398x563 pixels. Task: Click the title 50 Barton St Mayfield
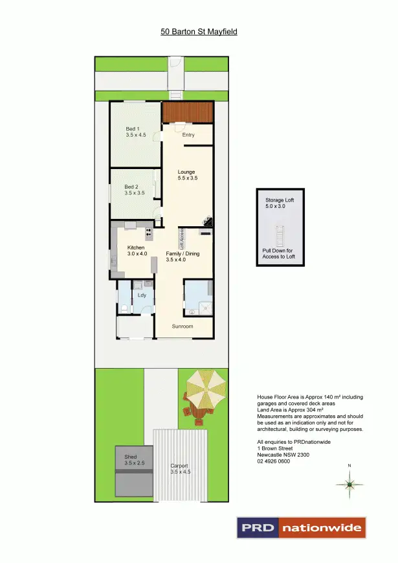199,30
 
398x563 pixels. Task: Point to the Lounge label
186,172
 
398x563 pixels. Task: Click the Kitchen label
136,248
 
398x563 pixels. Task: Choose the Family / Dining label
182,254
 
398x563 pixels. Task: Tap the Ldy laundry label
142,295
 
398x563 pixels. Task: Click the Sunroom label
182,326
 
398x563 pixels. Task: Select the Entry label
188,135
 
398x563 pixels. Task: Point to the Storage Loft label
279,200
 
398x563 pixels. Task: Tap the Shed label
131,457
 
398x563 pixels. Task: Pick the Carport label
179,465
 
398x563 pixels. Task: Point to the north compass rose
349,484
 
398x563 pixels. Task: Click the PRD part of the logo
258,528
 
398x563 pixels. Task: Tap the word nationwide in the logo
322,528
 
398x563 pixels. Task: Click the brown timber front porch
188,112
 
